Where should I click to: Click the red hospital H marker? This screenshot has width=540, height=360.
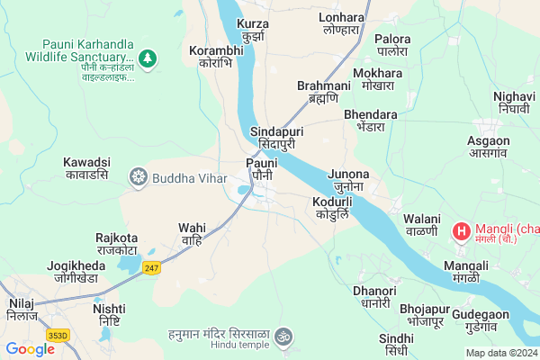tap(461, 232)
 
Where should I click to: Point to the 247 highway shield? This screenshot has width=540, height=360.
tap(151, 267)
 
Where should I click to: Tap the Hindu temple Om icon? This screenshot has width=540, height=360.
tap(283, 336)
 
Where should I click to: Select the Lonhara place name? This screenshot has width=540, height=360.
tap(342, 22)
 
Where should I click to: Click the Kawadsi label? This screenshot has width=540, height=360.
tap(86, 168)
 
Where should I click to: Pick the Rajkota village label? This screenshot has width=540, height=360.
tap(116, 244)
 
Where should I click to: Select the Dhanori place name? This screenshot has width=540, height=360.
tap(374, 297)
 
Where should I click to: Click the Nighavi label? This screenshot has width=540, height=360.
tap(514, 103)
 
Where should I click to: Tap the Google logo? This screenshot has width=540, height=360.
tap(30, 349)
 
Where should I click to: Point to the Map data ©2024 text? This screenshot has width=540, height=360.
tap(500, 353)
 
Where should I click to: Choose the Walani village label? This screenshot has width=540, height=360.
tap(422, 225)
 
